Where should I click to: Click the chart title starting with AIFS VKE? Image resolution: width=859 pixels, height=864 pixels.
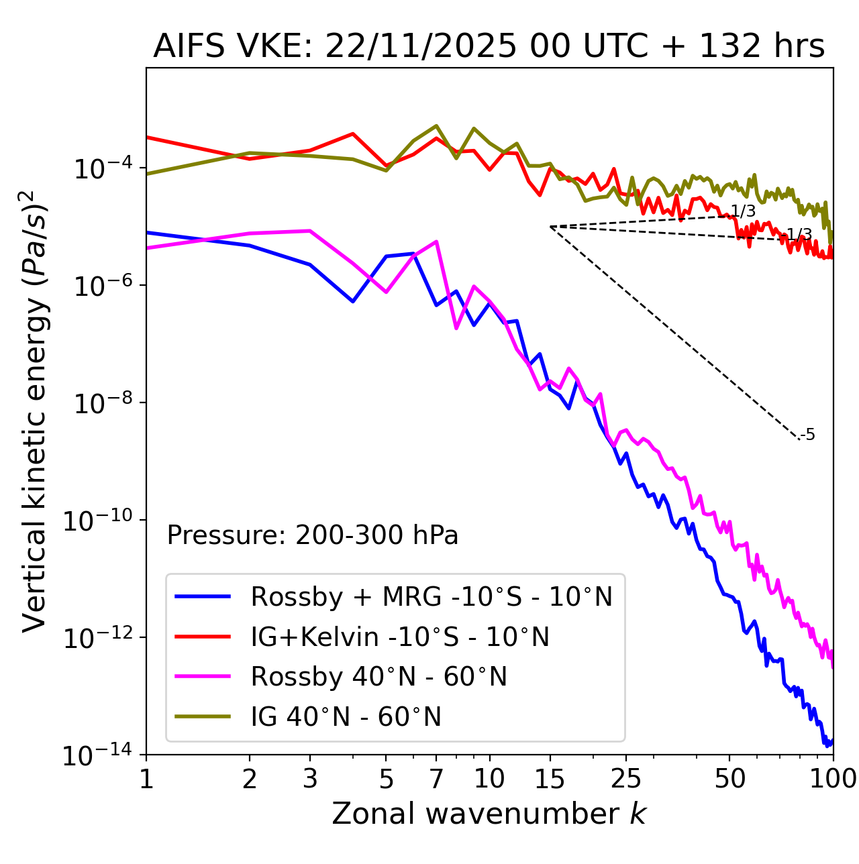coord(489,47)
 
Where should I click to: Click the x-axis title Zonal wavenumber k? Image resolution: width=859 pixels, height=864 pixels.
coord(489,813)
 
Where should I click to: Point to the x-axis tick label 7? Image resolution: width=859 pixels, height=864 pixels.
coord(436,778)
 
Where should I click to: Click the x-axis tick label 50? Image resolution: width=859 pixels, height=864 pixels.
coord(729,778)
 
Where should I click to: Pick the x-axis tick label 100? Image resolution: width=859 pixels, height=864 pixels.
coord(833,778)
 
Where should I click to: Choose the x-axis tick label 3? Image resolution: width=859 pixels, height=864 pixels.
coord(310,778)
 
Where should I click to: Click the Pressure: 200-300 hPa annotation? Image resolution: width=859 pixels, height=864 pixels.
coord(312,535)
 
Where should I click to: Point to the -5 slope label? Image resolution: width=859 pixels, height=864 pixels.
coord(808,435)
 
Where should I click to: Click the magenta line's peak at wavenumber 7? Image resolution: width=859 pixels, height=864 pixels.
coord(436,241)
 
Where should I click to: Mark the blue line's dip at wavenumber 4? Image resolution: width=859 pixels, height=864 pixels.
coord(353,301)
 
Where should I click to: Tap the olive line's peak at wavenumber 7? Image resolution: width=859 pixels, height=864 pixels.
coord(436,125)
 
